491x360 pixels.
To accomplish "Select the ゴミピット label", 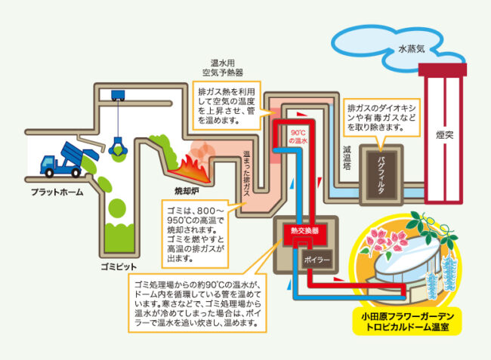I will [120, 266].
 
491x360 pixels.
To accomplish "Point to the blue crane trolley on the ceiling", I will [118, 96].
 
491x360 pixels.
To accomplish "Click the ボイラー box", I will [314, 260].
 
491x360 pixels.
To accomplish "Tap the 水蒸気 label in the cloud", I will [413, 50].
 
